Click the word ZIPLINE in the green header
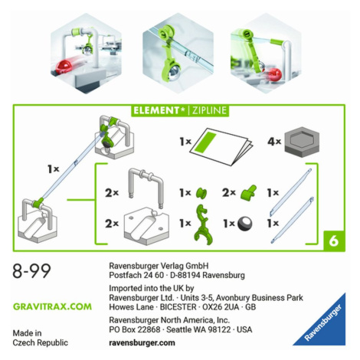pos(209,110)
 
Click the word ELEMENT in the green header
pos(155,110)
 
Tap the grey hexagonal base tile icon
pos(302,141)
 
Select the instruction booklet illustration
pos(221,146)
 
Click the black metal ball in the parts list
pos(245,224)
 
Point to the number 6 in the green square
pos(334,241)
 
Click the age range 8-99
pos(31,271)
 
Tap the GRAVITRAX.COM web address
pos(52,306)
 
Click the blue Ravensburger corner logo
pos(322,323)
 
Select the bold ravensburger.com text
pos(142,342)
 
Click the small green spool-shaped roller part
pos(201,193)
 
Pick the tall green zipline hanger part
pos(203,224)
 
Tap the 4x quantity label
pos(274,141)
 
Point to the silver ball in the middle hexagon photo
pos(175,72)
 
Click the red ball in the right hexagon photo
pos(275,74)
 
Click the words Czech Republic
pos(41,342)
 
